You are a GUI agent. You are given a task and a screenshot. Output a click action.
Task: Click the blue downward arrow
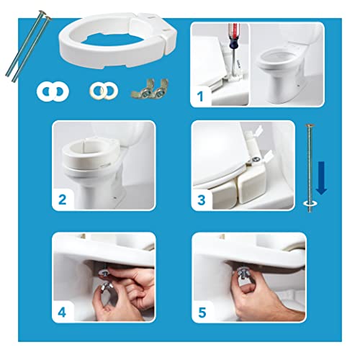click(323, 178)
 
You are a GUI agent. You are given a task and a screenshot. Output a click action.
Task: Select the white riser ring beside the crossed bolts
click(120, 45)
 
